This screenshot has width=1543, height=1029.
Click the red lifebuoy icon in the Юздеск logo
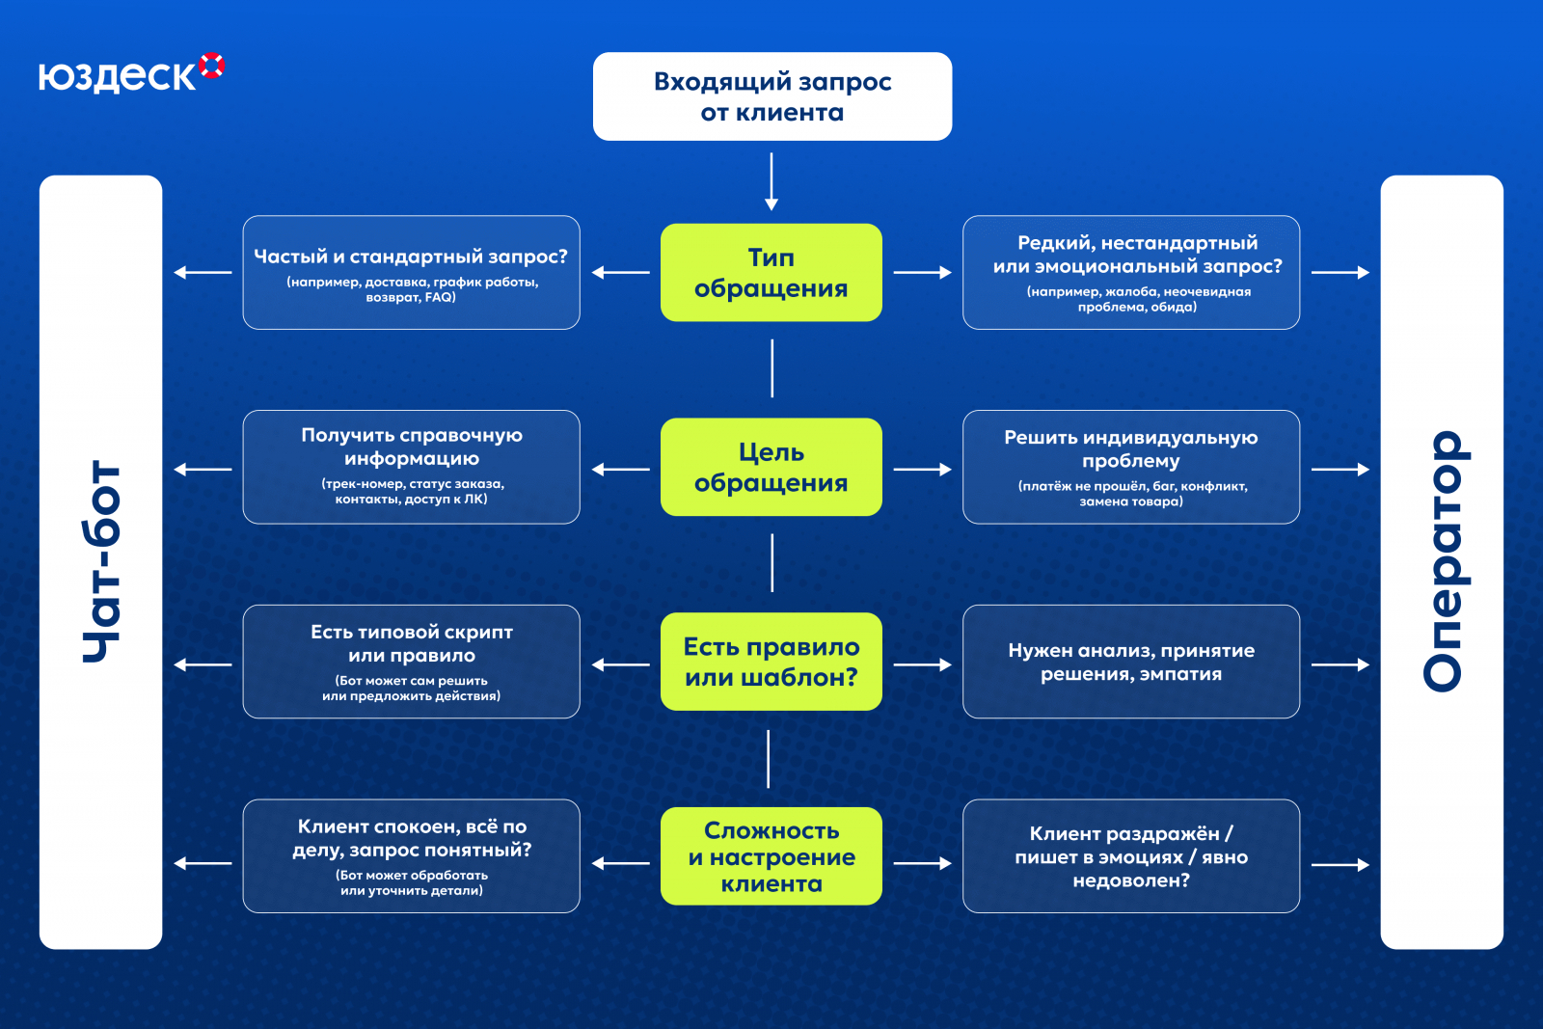point(212,66)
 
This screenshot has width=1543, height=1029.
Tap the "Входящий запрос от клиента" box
point(771,96)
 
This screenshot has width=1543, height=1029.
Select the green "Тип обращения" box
point(771,273)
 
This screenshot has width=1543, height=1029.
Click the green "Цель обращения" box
point(771,468)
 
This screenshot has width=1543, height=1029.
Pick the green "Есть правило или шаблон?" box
point(771,662)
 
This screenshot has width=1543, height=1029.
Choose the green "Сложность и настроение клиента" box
point(771,856)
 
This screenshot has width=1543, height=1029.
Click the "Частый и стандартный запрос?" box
point(411,273)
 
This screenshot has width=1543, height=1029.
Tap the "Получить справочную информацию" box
point(411,468)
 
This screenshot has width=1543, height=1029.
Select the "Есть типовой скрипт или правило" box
point(411,662)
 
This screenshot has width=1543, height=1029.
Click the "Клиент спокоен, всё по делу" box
point(411,856)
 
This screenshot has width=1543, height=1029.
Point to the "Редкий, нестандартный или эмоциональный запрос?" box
point(1130,273)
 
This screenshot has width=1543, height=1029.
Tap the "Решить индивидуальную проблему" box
point(1130,468)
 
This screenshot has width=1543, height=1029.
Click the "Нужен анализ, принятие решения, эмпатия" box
point(1130,662)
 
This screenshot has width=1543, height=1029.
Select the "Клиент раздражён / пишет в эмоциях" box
point(1130,856)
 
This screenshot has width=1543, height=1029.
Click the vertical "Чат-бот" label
point(101,562)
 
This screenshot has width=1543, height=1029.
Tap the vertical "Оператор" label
point(1442,562)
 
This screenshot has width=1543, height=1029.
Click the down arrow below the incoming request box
point(771,181)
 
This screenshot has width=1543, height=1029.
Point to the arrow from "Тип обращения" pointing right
point(922,273)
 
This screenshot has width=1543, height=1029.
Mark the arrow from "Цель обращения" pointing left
point(621,470)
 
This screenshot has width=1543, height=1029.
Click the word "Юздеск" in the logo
point(117,76)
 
